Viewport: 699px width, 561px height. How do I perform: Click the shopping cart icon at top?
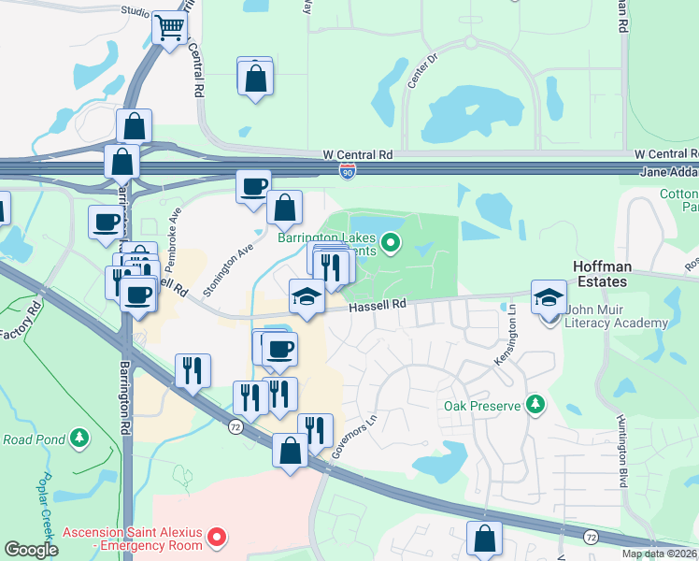pyautogui.click(x=169, y=29)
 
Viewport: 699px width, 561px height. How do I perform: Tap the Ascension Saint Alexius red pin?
pyautogui.click(x=217, y=538)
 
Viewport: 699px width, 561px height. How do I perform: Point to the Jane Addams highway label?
pyautogui.click(x=669, y=172)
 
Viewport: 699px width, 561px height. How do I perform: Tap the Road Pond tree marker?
pyautogui.click(x=80, y=438)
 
